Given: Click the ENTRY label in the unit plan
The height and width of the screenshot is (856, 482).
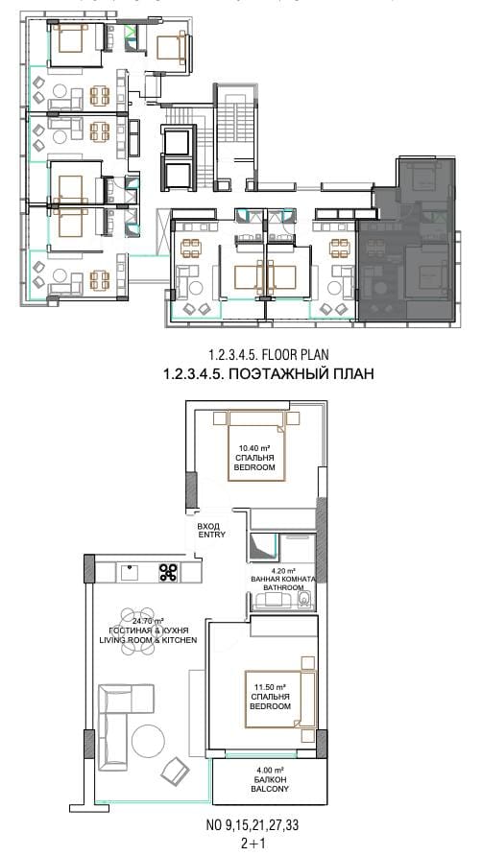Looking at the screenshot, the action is coord(211,535).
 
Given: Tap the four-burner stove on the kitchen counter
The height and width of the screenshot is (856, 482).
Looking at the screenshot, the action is coord(168,572).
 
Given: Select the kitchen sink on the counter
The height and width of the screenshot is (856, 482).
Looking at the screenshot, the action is coord(130,573).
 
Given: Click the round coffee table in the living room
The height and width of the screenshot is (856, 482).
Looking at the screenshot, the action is coord(148,741).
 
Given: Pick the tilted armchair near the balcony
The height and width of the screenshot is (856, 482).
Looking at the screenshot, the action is coord(175,771).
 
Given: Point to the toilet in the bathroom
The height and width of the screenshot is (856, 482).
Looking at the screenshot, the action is coord(306,599).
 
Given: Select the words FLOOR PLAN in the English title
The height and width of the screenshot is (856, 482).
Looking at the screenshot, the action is coord(295,355).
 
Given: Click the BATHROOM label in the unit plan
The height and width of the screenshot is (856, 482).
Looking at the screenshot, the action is coord(283,587).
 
